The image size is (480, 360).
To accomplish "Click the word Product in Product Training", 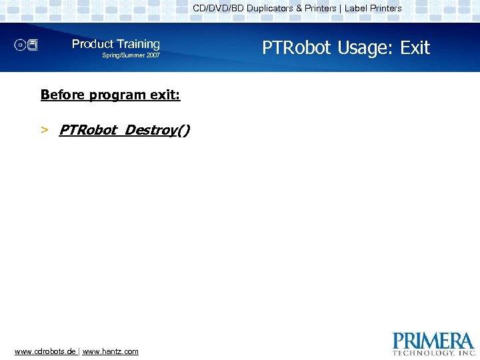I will tap(93, 44).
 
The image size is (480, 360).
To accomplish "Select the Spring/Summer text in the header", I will tap(119, 55).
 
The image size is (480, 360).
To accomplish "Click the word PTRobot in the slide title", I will tap(297, 48).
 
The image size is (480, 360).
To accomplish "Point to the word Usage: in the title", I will tap(367, 48).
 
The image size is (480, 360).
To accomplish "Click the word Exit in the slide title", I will tap(415, 48).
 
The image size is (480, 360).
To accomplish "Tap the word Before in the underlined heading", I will tap(59, 95).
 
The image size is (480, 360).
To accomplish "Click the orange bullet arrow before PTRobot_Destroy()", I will tap(44, 130).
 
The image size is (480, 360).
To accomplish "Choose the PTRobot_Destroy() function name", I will tap(124, 130).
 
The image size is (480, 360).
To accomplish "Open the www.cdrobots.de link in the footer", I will tap(45, 351).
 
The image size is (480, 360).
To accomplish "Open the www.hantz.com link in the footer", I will tap(111, 351).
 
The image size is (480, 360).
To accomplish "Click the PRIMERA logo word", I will tap(433, 341).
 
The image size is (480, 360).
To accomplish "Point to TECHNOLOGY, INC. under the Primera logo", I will tap(433, 352).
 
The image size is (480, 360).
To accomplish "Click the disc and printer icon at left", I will tap(27, 45).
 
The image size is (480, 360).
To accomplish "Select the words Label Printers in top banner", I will tap(373, 9).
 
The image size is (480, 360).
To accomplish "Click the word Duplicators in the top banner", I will tap(274, 9).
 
